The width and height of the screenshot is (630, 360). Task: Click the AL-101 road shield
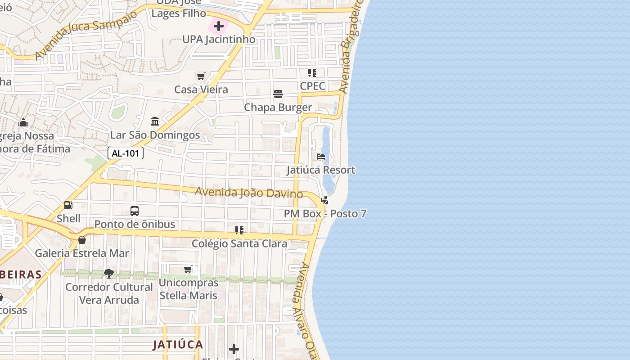click(x=126, y=153)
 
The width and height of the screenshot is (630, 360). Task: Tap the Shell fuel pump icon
click(x=68, y=205)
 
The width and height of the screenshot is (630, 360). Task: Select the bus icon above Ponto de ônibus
click(x=135, y=211)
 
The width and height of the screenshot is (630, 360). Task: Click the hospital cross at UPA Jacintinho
click(x=219, y=26)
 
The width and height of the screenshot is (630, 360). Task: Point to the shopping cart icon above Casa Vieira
click(x=201, y=76)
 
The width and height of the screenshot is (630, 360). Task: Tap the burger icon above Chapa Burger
click(x=278, y=94)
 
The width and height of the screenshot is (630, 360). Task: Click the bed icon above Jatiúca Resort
click(x=321, y=157)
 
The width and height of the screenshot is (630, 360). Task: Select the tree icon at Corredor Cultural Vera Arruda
click(x=108, y=273)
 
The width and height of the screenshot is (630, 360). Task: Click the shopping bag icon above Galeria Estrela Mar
click(x=82, y=240)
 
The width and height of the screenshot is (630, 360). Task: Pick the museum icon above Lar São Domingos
click(x=155, y=121)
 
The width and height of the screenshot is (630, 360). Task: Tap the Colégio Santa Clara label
click(x=239, y=243)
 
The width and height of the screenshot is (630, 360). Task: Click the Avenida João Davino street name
click(x=248, y=193)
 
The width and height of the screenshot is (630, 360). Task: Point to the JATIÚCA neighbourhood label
click(x=178, y=345)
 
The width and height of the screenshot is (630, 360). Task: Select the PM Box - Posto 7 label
click(x=325, y=214)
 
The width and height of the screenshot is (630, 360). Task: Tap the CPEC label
click(x=312, y=86)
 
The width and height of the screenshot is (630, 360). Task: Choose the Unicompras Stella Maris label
click(x=189, y=289)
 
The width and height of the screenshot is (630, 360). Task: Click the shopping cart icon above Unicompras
click(x=188, y=269)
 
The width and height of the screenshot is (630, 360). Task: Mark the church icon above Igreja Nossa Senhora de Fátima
click(x=23, y=122)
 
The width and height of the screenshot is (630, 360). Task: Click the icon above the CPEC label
click(x=312, y=73)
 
